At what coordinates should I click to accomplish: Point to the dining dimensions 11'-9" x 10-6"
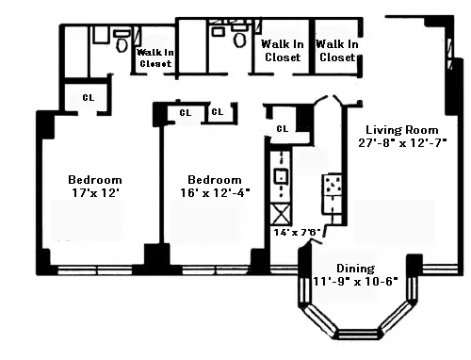[356, 281]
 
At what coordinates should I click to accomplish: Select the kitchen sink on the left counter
[281, 174]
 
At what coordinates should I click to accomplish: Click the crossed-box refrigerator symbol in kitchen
[281, 212]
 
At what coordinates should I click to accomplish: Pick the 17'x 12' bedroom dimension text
[93, 192]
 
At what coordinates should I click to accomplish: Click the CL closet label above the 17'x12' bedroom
[87, 97]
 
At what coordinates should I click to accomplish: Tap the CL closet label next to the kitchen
[282, 128]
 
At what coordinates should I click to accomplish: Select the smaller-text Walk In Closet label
[154, 58]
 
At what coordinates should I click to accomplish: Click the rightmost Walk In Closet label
[336, 50]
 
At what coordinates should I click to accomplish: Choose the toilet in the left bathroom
[121, 41]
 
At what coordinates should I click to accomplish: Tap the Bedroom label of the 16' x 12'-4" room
[214, 179]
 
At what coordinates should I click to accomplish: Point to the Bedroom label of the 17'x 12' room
[94, 179]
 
